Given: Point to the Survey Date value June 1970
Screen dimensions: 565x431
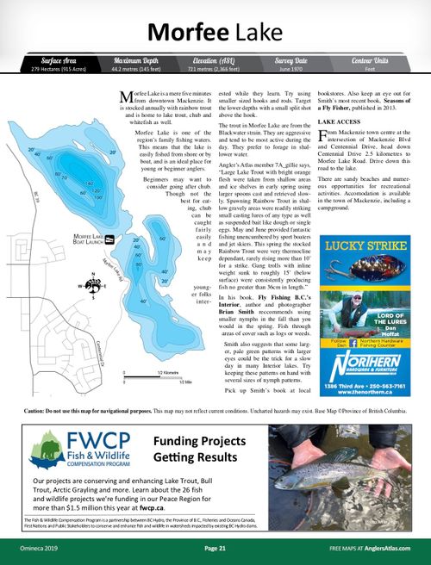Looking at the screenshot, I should (291, 69).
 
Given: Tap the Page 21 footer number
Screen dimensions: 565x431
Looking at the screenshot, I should (215, 548).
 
